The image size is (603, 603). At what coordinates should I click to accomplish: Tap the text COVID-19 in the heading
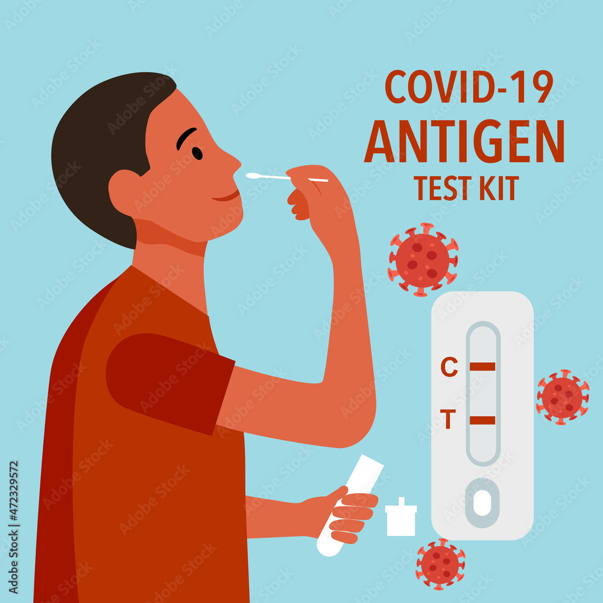[469, 87]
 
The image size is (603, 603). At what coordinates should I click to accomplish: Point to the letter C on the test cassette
[449, 367]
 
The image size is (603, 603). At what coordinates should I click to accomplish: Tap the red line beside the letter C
[482, 367]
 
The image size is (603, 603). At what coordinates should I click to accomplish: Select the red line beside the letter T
[482, 420]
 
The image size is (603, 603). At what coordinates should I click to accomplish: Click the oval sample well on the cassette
[482, 502]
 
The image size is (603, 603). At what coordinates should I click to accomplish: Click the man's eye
[197, 153]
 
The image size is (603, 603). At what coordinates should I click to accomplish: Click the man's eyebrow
[186, 138]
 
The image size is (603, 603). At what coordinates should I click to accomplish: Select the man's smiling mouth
[227, 196]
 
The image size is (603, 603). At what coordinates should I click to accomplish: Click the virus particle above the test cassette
[423, 260]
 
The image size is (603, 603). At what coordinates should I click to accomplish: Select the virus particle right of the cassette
[562, 397]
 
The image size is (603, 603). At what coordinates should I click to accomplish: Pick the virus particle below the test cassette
[440, 564]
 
